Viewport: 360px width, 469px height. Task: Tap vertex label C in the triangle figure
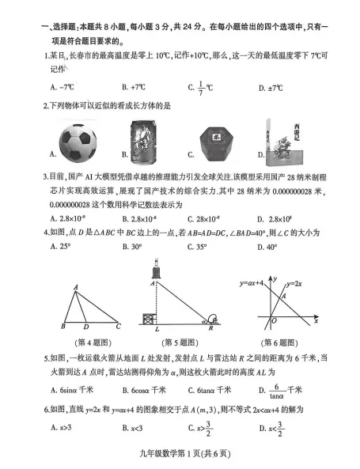pyautogui.click(x=118, y=325)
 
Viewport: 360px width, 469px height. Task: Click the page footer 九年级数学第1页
pyautogui.click(x=180, y=453)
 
